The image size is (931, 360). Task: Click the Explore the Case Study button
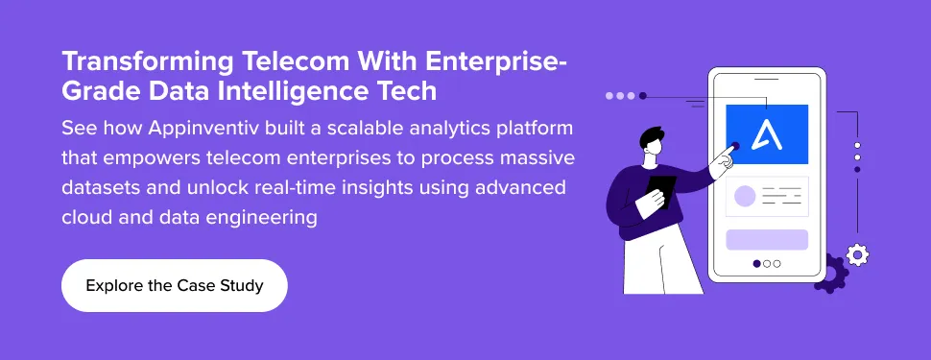(174, 286)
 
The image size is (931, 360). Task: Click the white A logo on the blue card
(767, 134)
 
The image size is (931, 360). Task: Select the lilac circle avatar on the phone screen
(745, 197)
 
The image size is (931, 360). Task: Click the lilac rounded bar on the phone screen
(767, 240)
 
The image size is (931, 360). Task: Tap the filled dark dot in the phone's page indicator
(756, 263)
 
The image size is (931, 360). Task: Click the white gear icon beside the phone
(857, 254)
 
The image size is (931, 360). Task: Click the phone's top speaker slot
(767, 78)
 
